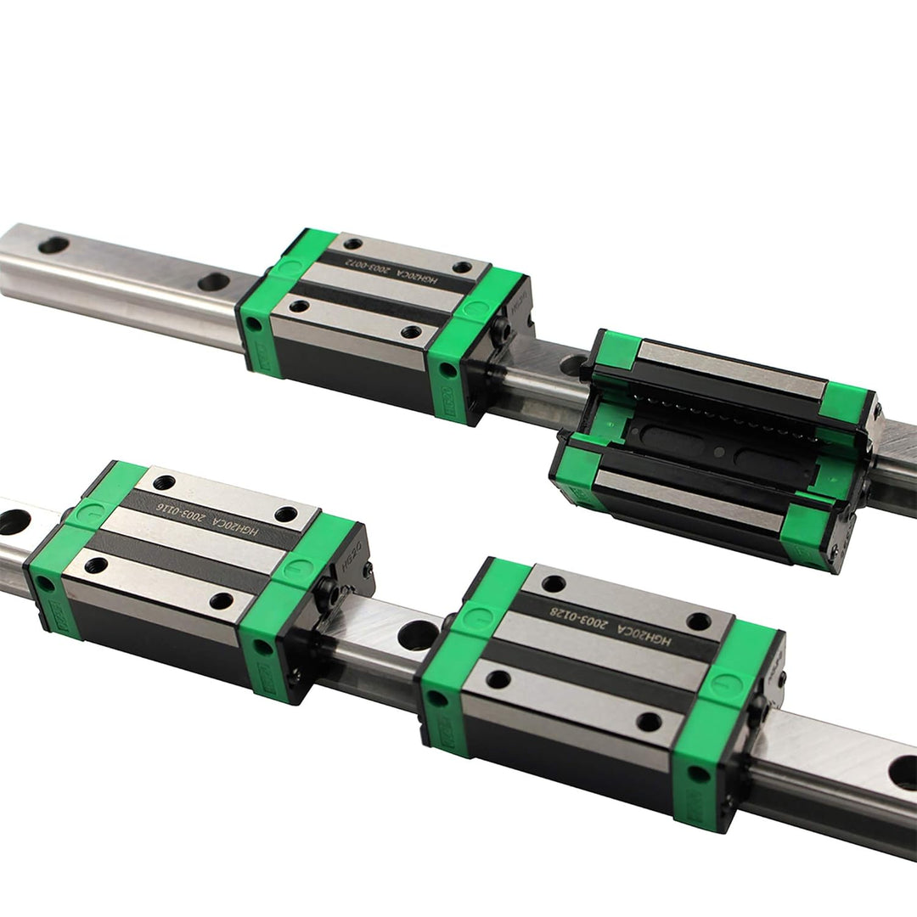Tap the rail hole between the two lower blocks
[x=418, y=633]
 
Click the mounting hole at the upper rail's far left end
[x=53, y=245]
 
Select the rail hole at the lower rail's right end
[x=902, y=772]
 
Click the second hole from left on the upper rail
[x=212, y=281]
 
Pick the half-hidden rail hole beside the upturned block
[x=571, y=366]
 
